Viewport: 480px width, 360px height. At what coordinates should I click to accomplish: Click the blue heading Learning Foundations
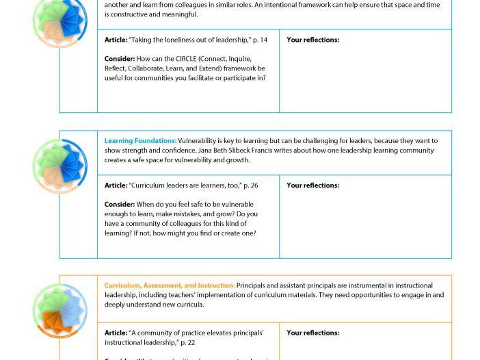pos(140,141)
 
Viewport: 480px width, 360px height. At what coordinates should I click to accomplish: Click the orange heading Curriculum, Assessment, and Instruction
pos(169,285)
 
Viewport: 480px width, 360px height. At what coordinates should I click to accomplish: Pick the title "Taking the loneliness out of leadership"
pos(189,40)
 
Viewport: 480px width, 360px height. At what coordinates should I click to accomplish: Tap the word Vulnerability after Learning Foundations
pos(200,141)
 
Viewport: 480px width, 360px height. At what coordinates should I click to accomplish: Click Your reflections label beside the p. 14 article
pos(312,40)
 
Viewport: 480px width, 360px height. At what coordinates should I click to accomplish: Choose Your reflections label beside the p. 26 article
pos(312,185)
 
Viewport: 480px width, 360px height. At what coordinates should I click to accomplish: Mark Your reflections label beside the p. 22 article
pos(312,333)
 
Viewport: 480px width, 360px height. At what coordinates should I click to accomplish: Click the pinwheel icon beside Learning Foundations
pos(60,166)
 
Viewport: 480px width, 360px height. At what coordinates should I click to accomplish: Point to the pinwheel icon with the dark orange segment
pos(60,311)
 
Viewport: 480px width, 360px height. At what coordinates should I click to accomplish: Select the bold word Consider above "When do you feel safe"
pos(119,204)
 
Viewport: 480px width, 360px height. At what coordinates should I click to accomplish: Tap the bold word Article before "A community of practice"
pos(116,333)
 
